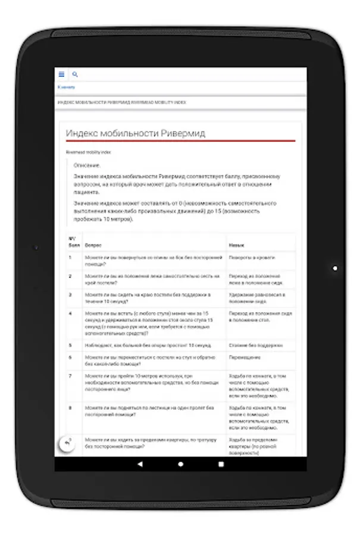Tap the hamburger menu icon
(61, 74)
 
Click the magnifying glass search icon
(75, 74)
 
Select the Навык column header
(236, 245)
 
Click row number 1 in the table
(70, 257)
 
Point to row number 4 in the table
(70, 312)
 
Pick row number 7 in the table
(70, 376)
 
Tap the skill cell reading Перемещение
(244, 357)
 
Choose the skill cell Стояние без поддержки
(255, 345)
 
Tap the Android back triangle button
(140, 463)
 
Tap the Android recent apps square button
(221, 463)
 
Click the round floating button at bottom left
(66, 443)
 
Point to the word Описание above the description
(87, 164)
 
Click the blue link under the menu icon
(66, 88)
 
